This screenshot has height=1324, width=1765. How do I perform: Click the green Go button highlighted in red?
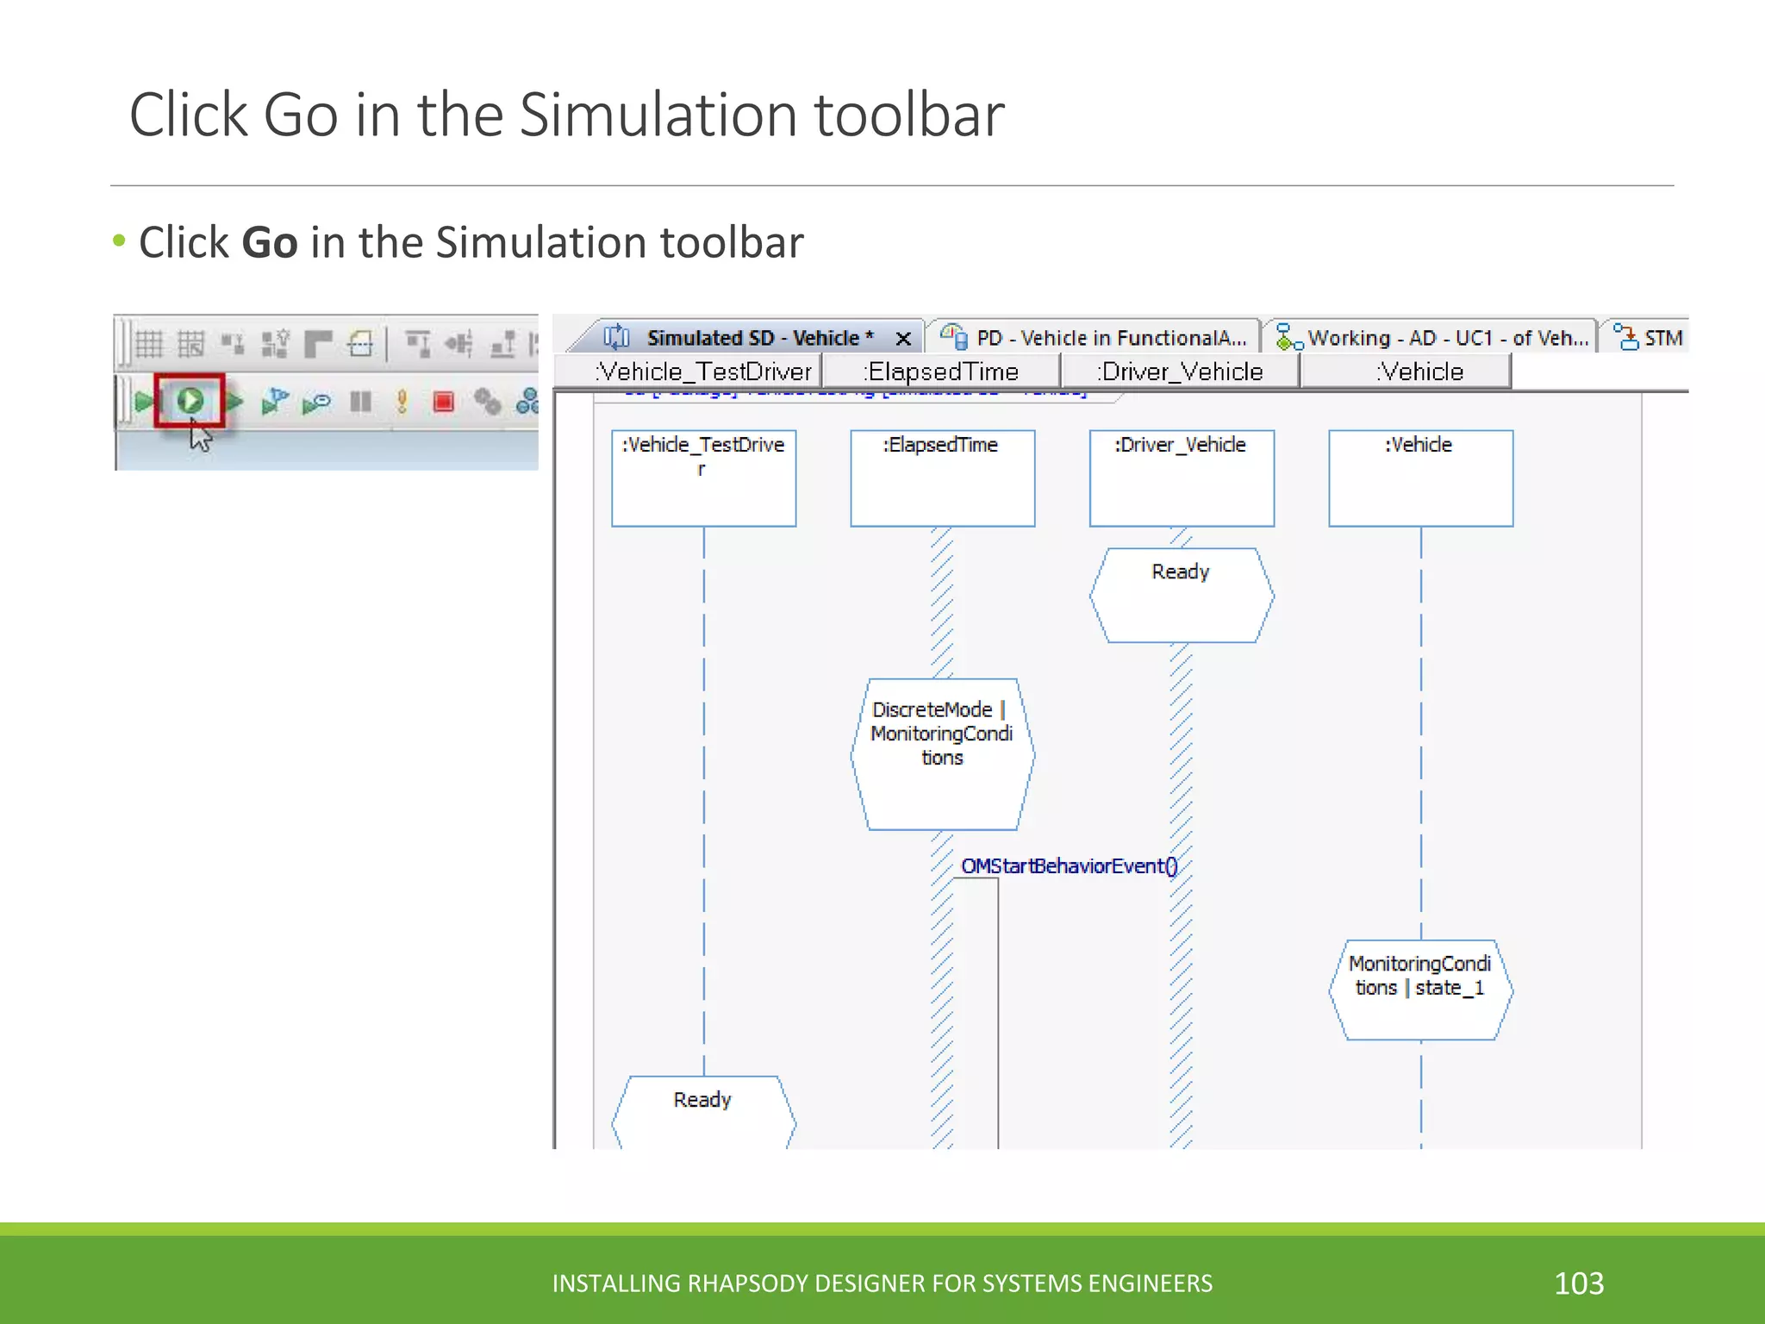(x=190, y=401)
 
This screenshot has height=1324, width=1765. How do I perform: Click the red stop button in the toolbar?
(x=444, y=402)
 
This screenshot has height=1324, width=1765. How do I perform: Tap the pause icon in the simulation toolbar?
(x=360, y=402)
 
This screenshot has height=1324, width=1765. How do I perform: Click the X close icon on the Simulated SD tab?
(x=903, y=339)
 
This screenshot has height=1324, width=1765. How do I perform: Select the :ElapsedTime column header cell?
(x=942, y=372)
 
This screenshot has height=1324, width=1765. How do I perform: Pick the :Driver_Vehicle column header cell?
(x=1181, y=372)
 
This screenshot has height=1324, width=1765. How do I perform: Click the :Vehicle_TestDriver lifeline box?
(x=703, y=478)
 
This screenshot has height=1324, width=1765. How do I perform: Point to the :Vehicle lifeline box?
(x=1420, y=478)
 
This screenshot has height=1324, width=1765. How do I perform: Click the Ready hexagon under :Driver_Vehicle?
(x=1181, y=595)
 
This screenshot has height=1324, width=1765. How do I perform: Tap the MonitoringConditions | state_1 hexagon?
(x=1420, y=989)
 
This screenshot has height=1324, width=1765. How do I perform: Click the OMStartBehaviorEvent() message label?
(x=1069, y=866)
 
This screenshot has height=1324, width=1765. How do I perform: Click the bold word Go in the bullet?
(x=270, y=242)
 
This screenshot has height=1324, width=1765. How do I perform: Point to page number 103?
(x=1579, y=1283)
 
